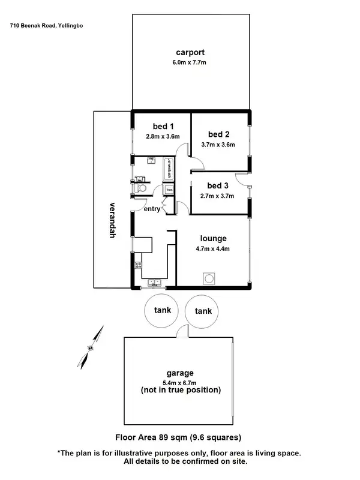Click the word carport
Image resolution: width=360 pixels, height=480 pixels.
point(188,52)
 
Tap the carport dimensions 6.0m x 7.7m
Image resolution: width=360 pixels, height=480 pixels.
point(188,62)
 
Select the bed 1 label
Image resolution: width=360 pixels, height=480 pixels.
point(163,126)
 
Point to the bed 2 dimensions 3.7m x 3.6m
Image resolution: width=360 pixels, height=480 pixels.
point(218,144)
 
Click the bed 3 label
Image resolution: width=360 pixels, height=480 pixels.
point(218,185)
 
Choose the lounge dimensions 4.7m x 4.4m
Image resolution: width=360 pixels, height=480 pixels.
point(212,248)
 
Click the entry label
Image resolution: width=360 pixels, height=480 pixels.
point(152,209)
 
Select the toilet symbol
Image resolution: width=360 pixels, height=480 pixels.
point(142,187)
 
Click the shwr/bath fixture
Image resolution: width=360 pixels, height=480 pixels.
point(169,167)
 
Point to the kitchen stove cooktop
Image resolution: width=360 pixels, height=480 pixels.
point(137,267)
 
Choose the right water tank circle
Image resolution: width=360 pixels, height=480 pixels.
point(202,311)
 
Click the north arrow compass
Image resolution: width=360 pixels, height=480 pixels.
point(89,348)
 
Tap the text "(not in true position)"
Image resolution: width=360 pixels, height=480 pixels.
point(181,390)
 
